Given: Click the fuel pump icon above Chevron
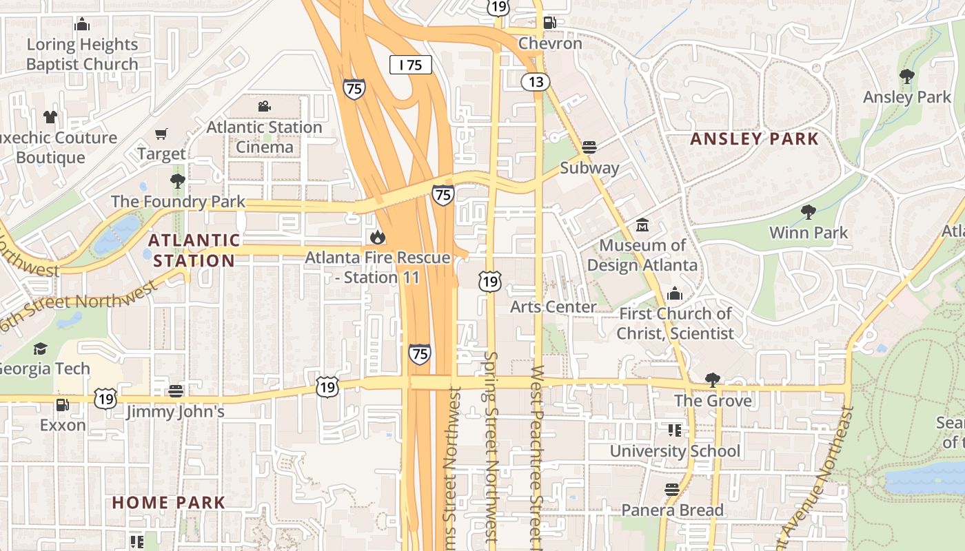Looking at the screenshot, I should point(549,22).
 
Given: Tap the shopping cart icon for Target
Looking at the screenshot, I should point(161,134).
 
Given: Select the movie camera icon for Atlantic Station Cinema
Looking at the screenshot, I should point(264,107).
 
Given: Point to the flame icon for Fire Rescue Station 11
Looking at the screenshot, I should point(377,238).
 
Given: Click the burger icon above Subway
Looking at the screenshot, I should point(589,147).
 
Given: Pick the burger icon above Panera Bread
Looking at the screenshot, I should point(672,490).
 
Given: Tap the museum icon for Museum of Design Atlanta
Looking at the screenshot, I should point(642,225).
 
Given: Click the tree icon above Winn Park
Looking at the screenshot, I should point(809,212).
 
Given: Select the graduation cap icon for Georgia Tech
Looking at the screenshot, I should point(41,349).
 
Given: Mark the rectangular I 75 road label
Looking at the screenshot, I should point(411,65).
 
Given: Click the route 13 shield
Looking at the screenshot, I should point(535,82).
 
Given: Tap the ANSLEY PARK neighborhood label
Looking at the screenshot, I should point(755,139).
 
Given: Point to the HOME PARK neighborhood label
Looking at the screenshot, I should point(169,503).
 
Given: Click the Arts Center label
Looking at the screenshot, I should point(553,307).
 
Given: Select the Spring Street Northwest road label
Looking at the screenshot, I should point(491,448).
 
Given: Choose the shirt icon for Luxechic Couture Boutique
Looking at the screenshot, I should point(50,117).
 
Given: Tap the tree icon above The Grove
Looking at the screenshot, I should point(713,380).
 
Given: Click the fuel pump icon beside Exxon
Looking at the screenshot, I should point(62,405).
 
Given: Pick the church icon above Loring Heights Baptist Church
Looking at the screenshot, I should point(82,25).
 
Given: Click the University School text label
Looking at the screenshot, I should point(675,452).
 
